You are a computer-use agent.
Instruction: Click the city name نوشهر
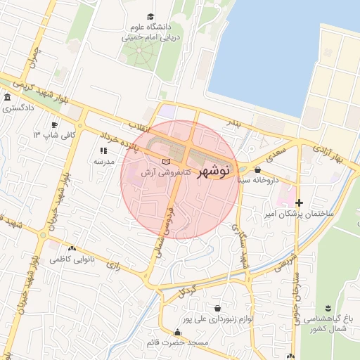pos(210,171)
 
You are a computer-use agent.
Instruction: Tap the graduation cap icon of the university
pos(150,17)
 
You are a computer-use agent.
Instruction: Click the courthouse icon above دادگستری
pos(7,98)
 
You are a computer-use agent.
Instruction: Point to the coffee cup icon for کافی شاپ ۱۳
pos(36,134)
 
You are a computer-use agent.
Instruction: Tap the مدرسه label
pos(104,161)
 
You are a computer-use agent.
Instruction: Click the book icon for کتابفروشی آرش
pos(166,163)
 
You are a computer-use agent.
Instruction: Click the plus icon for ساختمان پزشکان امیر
pos(300,202)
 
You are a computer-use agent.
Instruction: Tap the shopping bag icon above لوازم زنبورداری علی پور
pos(217,308)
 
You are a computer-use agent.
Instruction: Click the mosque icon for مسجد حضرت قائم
pos(177,333)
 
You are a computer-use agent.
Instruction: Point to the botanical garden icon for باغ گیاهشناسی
pos(328,308)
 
